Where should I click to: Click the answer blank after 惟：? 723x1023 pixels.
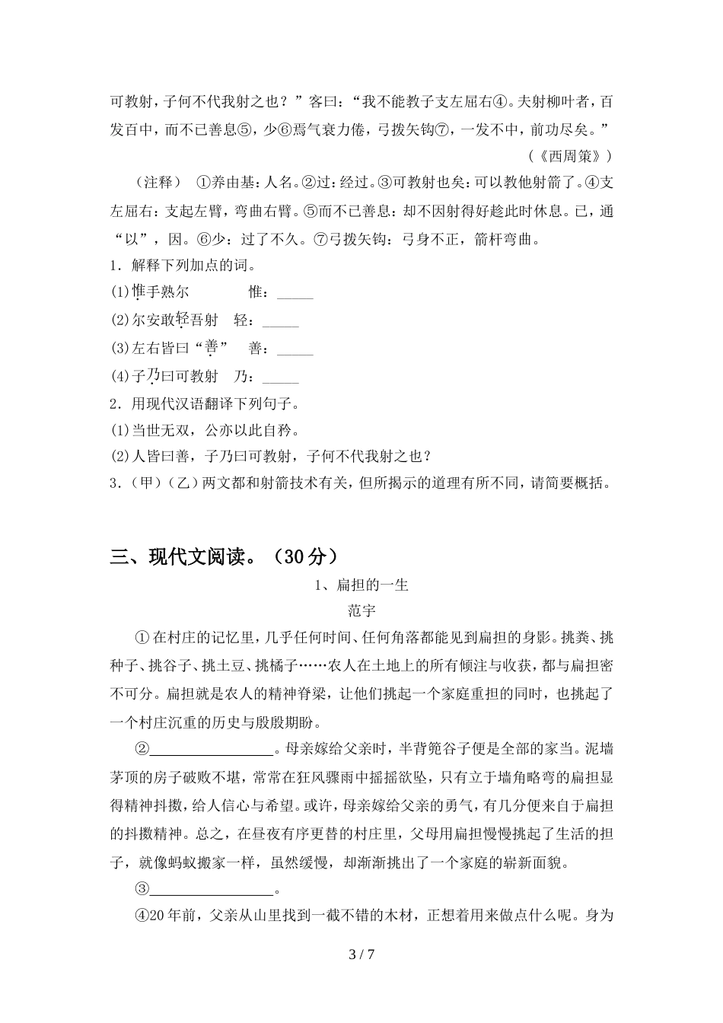point(295,292)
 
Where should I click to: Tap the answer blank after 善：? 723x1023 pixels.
point(295,349)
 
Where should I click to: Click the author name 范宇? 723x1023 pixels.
point(361,610)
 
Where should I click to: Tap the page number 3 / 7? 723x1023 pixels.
point(361,954)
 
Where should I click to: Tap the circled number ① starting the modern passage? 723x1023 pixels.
point(142,637)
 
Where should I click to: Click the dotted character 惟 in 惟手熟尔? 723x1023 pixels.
point(139,292)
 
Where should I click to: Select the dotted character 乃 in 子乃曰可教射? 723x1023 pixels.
point(152,376)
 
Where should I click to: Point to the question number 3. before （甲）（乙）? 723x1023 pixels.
point(116,483)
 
